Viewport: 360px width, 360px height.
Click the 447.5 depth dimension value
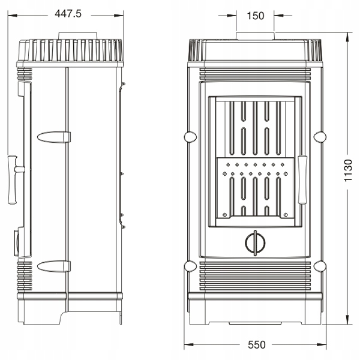[68, 14]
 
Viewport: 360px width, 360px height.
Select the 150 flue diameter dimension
[256, 16]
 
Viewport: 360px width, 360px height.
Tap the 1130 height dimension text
[348, 170]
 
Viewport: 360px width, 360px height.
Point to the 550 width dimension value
[257, 344]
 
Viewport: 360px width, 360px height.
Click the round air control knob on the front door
[255, 243]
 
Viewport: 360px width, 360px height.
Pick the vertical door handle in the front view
[302, 180]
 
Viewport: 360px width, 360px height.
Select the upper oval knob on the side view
[54, 137]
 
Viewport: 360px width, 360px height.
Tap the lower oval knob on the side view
[54, 266]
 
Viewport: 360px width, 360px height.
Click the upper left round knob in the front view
[190, 137]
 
